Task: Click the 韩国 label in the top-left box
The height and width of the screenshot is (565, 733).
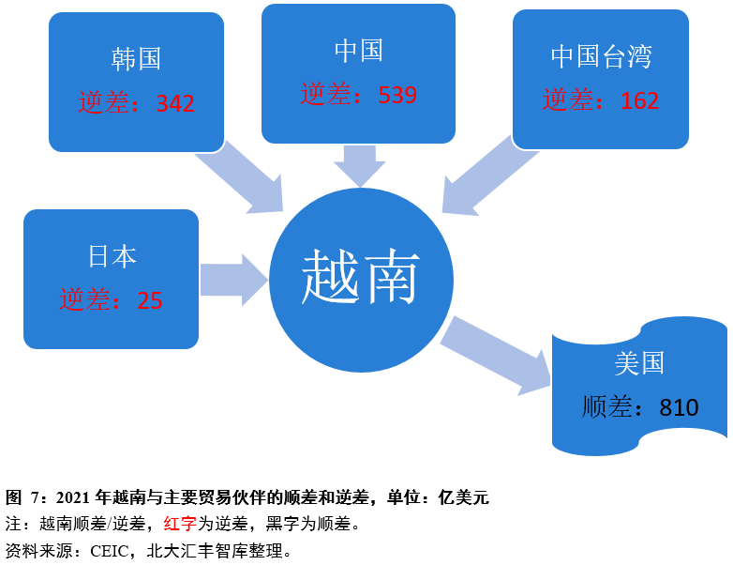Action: click(x=136, y=59)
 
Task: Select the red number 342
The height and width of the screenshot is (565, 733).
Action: click(x=175, y=103)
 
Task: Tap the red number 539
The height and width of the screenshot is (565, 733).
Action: click(x=397, y=95)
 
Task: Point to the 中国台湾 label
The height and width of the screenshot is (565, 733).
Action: click(x=601, y=56)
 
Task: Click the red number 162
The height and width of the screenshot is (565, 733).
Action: click(x=640, y=100)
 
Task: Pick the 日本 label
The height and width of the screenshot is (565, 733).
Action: click(x=112, y=256)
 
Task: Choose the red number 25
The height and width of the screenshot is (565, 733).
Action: click(x=150, y=300)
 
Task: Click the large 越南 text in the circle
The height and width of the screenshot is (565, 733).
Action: click(x=361, y=276)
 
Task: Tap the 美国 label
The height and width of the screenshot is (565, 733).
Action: click(x=639, y=363)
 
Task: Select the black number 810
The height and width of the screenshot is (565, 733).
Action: click(x=679, y=407)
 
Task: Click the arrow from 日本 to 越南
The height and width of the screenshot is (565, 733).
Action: click(x=233, y=280)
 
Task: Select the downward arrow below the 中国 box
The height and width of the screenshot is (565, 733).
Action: click(x=360, y=166)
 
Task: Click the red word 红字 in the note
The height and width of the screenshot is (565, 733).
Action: click(x=180, y=524)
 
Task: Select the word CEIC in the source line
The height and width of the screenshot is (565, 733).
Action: click(x=110, y=551)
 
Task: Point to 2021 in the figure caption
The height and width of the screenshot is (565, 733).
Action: click(x=73, y=497)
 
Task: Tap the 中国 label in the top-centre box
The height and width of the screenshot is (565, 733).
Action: click(x=359, y=51)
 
